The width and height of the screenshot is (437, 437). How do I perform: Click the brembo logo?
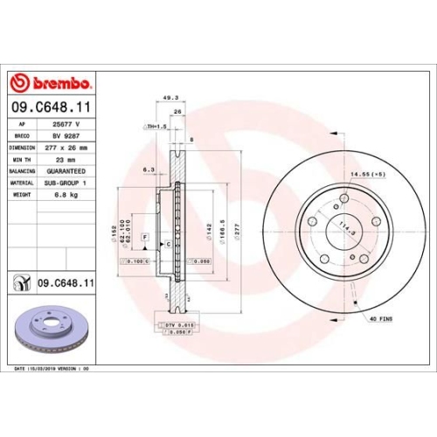coord(51,84)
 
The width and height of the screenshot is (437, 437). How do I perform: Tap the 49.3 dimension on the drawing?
coord(171,98)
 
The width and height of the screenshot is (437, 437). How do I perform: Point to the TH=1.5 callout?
coord(155,128)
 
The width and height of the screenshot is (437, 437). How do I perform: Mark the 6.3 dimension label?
coord(148,170)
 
